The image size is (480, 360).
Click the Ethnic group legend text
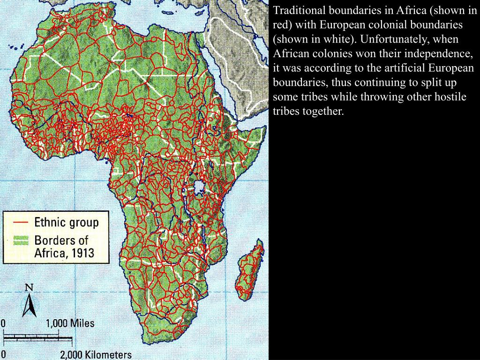66,222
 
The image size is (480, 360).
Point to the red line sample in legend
21,222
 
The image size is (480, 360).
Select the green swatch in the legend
21,240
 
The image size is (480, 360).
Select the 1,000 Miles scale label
70,323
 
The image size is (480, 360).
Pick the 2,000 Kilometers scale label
95,355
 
